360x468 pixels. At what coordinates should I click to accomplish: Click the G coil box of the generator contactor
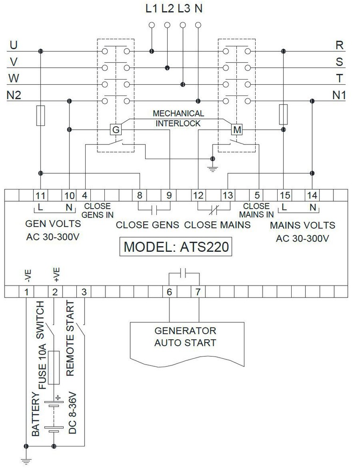tap(115, 129)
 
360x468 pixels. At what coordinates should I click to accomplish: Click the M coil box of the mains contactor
tap(237, 129)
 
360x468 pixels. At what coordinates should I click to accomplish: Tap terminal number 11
tap(40, 195)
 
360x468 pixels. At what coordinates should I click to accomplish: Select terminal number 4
tap(85, 195)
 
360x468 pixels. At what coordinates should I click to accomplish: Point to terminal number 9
tap(169, 195)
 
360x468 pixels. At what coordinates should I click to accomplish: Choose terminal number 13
tap(227, 195)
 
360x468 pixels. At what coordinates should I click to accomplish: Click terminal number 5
tap(257, 195)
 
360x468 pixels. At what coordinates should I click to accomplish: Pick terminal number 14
tap(312, 195)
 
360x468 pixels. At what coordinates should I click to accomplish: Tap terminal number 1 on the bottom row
tap(27, 292)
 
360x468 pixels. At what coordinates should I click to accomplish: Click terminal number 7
tap(198, 292)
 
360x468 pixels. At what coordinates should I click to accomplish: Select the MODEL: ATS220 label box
tap(176, 247)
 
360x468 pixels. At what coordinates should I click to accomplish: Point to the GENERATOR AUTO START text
tap(186, 337)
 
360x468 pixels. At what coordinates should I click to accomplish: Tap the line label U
tap(14, 45)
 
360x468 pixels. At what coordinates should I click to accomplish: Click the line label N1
tap(338, 95)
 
